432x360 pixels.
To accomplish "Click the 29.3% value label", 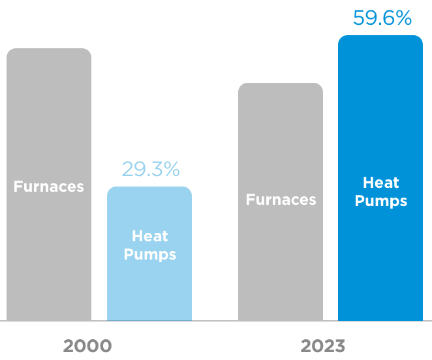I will (x=150, y=169).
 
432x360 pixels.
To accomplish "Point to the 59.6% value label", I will (x=382, y=18).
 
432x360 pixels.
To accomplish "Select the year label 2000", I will (x=87, y=346).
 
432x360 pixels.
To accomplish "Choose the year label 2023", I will (x=322, y=346).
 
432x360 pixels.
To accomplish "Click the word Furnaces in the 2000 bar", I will (x=49, y=187).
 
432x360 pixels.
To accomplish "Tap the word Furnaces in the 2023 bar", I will (x=281, y=200).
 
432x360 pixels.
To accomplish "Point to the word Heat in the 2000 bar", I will (x=150, y=236).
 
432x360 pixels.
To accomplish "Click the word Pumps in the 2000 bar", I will (x=150, y=254).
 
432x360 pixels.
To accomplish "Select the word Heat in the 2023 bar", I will (x=381, y=183).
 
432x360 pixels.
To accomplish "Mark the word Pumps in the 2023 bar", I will (x=381, y=201).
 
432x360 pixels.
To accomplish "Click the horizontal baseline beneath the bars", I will (x=216, y=321).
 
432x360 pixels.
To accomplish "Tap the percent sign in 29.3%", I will (x=171, y=169).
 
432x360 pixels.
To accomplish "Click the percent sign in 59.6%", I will (x=404, y=18).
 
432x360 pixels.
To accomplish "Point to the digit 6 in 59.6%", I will (x=388, y=18).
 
